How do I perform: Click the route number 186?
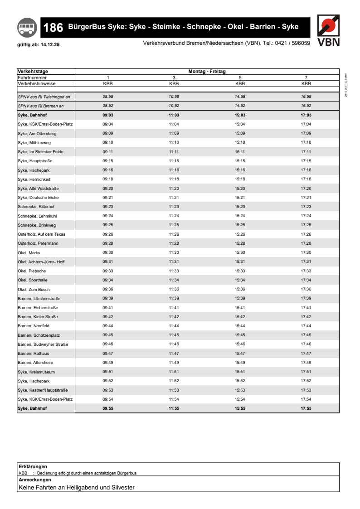pyautogui.click(x=53, y=28)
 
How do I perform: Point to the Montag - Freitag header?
pyautogui.click(x=207, y=72)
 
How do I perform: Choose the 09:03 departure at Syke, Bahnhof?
pyautogui.click(x=108, y=115)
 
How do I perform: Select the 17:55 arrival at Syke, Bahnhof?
pyautogui.click(x=306, y=408)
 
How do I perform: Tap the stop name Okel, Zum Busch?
pyautogui.click(x=34, y=289)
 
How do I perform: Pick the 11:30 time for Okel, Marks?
pyautogui.click(x=174, y=252)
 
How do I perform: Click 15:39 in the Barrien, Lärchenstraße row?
pyautogui.click(x=240, y=298)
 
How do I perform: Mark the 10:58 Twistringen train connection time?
pyautogui.click(x=174, y=97)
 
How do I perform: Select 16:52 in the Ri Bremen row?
pyautogui.click(x=306, y=106)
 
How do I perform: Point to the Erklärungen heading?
pyautogui.click(x=33, y=466)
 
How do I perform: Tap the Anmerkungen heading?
pyautogui.click(x=34, y=480)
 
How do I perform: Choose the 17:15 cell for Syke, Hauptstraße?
pyautogui.click(x=306, y=161)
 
